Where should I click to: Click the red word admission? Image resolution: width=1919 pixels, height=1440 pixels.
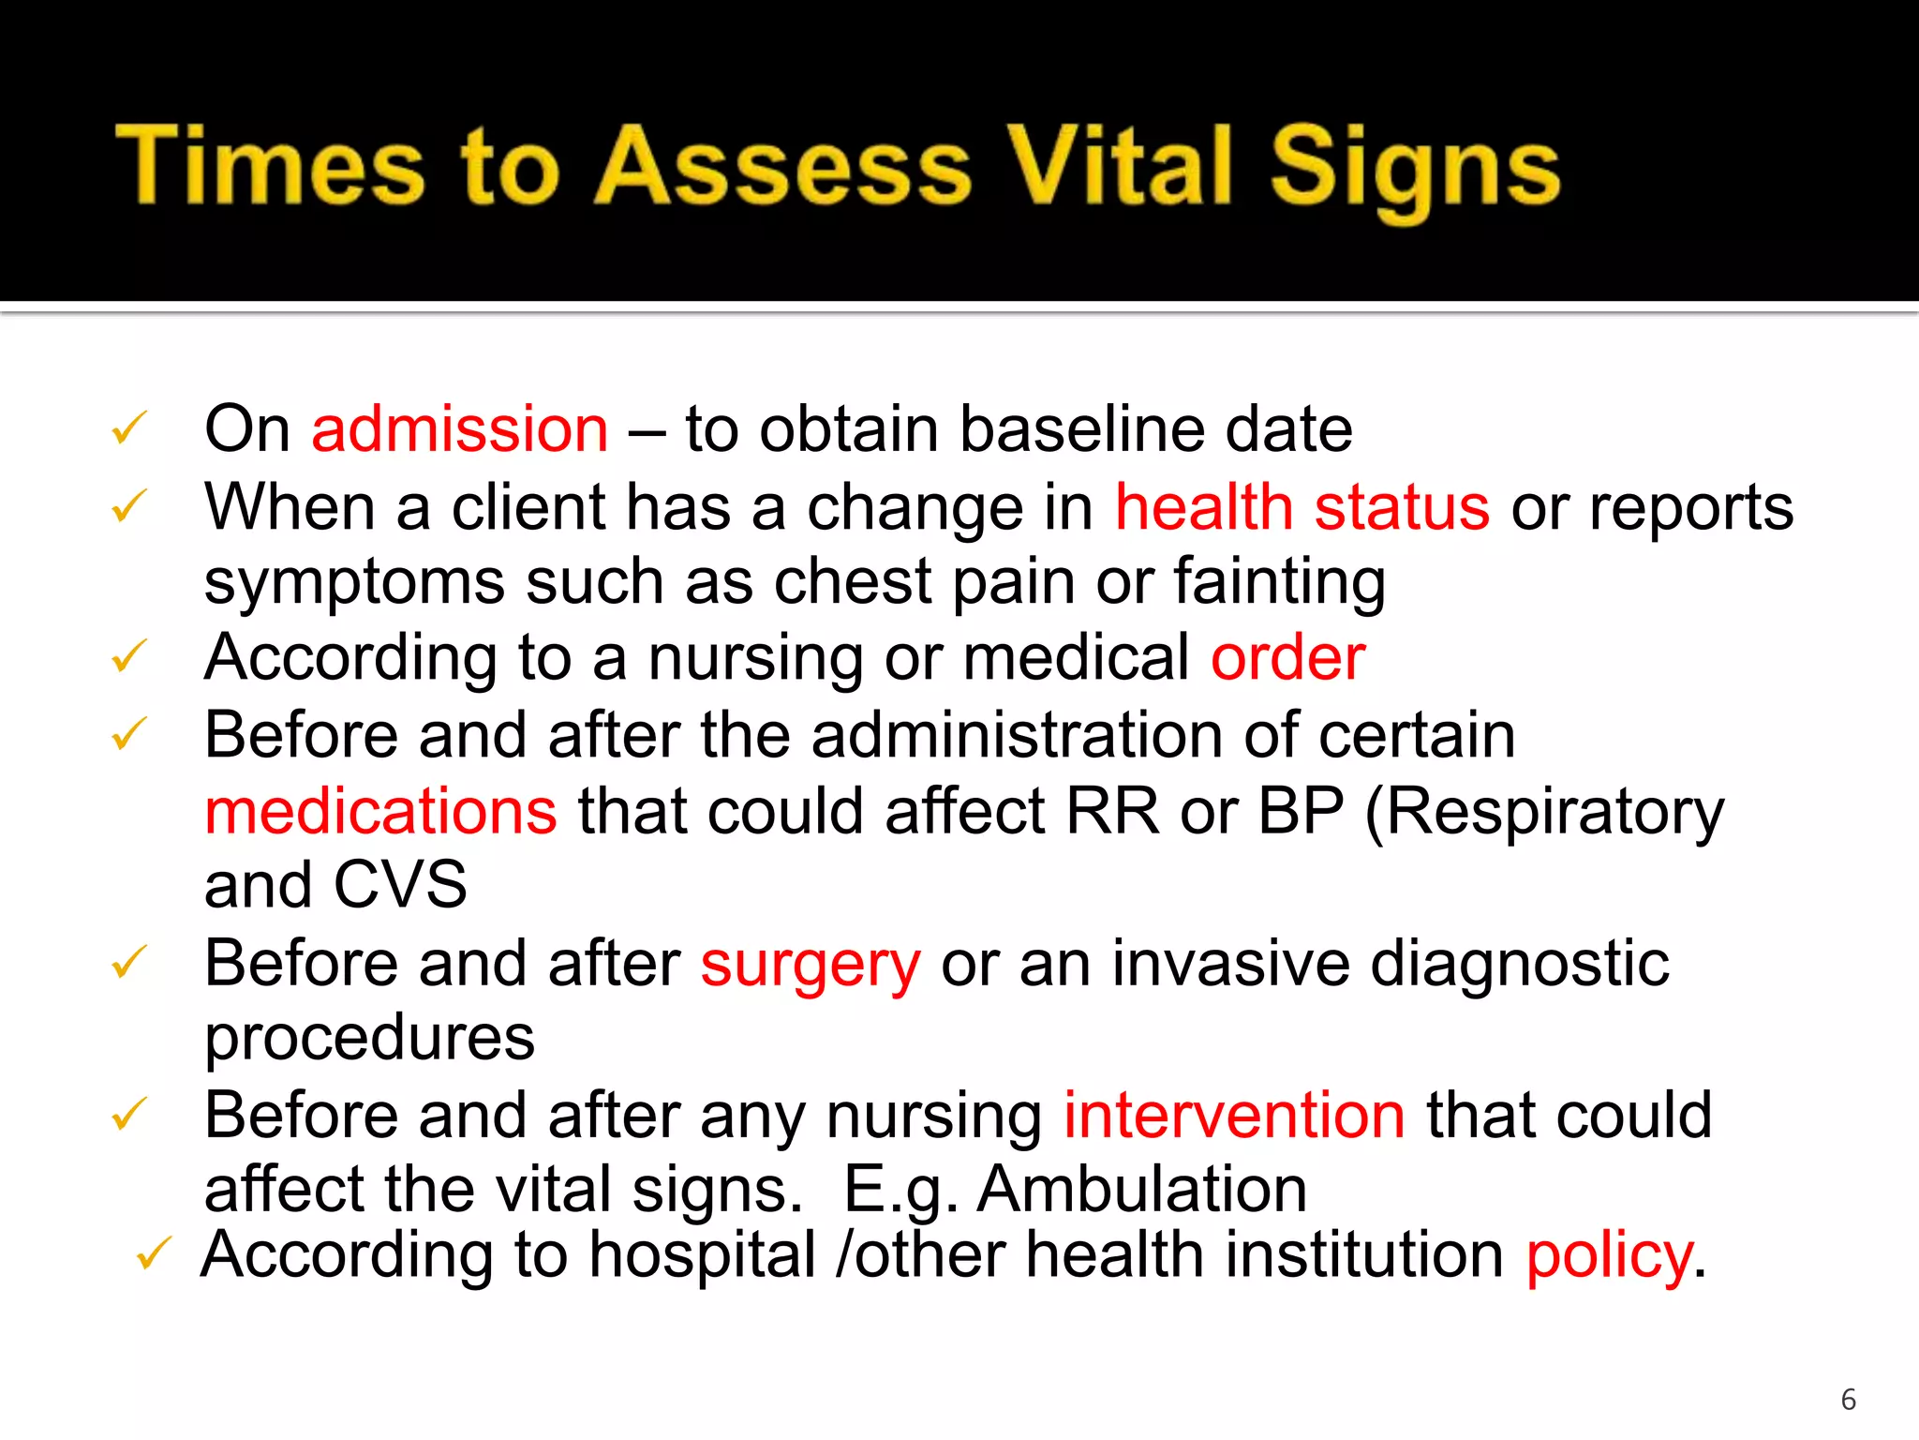point(460,429)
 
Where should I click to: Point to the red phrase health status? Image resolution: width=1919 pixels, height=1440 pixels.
point(1302,507)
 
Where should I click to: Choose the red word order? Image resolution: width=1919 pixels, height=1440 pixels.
point(1287,657)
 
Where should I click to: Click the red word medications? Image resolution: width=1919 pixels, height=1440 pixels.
point(380,811)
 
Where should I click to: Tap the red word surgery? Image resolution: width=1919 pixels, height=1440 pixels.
point(811,966)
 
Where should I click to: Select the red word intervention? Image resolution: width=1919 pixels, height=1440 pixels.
point(1234,1116)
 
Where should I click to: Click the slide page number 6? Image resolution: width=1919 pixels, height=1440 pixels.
point(1848,1400)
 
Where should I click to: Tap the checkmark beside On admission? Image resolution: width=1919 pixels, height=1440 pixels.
point(128,428)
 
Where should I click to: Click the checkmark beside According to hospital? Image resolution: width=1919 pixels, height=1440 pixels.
point(153,1253)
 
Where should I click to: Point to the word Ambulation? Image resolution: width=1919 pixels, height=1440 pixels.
point(1141,1190)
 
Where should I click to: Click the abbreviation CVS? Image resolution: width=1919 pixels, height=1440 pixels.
point(400,885)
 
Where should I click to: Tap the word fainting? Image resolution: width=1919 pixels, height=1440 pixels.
point(1279,582)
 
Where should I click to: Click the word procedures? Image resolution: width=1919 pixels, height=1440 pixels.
point(369,1039)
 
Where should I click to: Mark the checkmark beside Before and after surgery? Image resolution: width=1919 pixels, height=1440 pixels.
point(128,963)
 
